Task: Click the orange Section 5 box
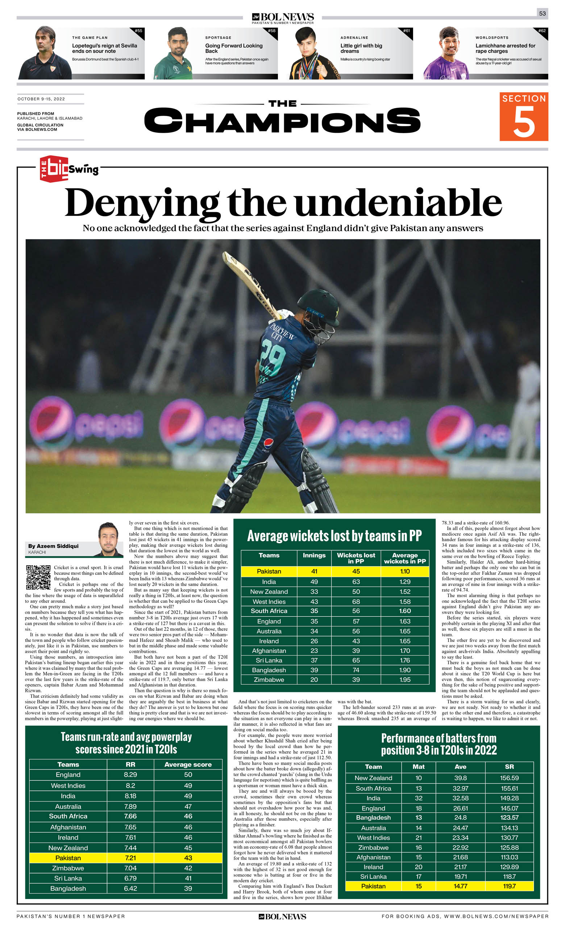pyautogui.click(x=523, y=116)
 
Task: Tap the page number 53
pyautogui.click(x=542, y=13)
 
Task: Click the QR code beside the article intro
pyautogui.click(x=38, y=577)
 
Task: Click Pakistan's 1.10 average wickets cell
pyautogui.click(x=405, y=571)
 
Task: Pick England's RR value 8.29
pyautogui.click(x=130, y=775)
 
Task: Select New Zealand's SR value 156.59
pyautogui.click(x=509, y=778)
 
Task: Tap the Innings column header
pyautogui.click(x=314, y=555)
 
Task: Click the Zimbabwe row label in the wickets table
pyautogui.click(x=269, y=680)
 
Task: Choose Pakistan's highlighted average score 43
pyautogui.click(x=188, y=858)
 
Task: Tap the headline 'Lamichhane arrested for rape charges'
pyautogui.click(x=505, y=48)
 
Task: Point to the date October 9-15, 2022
pyautogui.click(x=41, y=99)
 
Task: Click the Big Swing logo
pyautogui.click(x=69, y=169)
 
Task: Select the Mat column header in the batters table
pyautogui.click(x=418, y=767)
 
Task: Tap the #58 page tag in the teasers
pyautogui.click(x=271, y=31)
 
